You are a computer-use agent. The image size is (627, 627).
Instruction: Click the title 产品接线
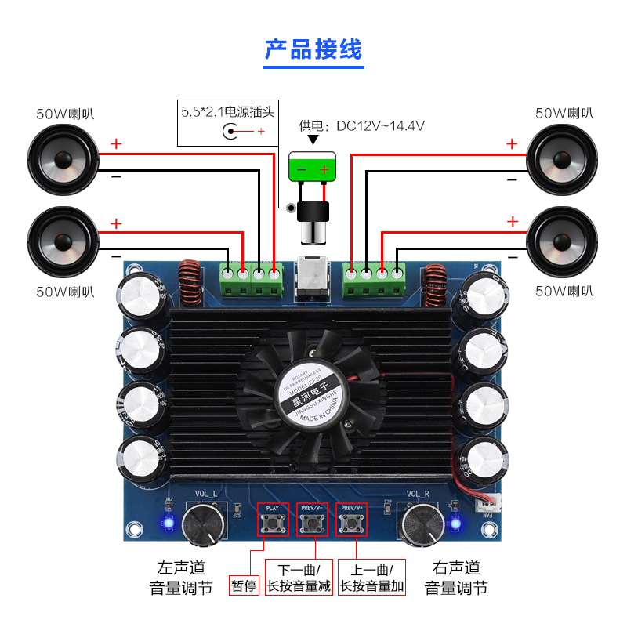[x=313, y=49]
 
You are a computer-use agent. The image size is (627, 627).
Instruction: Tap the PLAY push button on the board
[x=272, y=526]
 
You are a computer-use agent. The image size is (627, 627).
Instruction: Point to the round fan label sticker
[x=313, y=395]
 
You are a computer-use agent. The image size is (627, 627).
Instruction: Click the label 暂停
[x=244, y=585]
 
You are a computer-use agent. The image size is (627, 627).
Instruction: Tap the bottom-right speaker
[x=561, y=241]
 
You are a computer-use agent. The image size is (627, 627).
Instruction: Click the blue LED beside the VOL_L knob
[x=167, y=522]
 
